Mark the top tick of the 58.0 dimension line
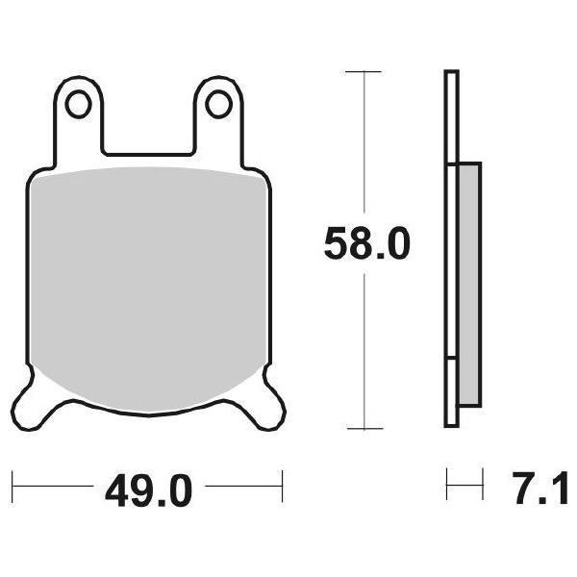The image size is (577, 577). pyautogui.click(x=364, y=72)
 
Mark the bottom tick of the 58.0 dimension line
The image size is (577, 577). pyautogui.click(x=364, y=428)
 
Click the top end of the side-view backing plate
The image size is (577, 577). pyautogui.click(x=449, y=74)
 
